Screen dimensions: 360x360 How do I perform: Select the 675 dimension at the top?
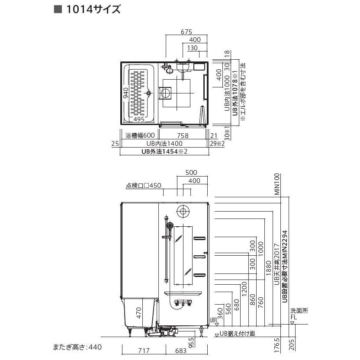186,32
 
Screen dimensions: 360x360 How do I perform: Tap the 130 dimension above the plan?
193,48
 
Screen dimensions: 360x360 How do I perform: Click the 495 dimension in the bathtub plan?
138,119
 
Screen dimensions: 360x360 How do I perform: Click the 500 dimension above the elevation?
191,172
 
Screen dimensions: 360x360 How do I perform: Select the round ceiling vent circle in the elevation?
183,212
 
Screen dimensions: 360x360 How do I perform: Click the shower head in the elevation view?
170,226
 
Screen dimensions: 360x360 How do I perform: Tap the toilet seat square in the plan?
165,93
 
